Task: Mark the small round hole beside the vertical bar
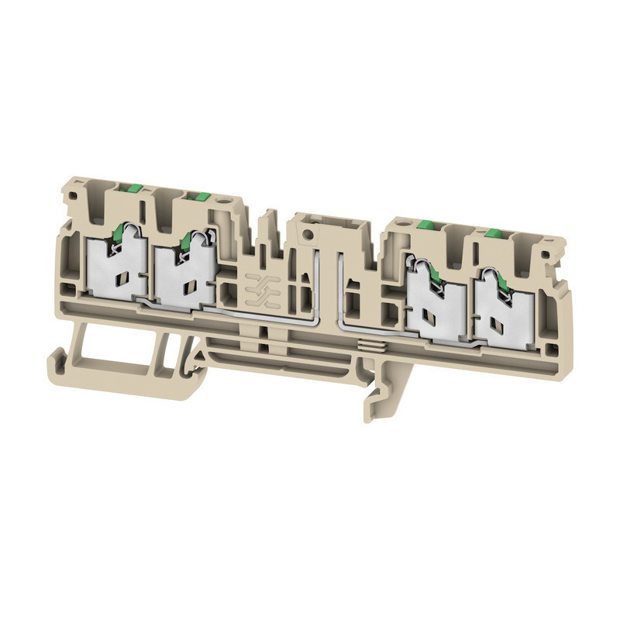[309, 232]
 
